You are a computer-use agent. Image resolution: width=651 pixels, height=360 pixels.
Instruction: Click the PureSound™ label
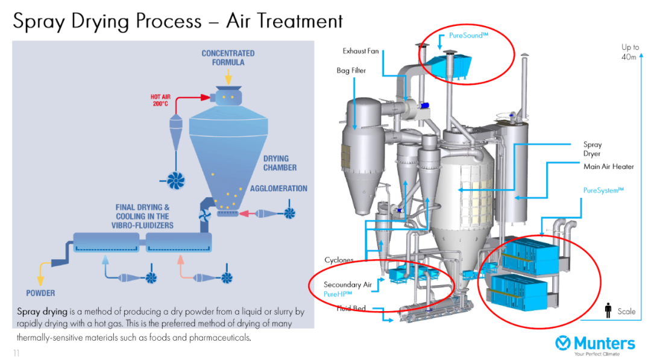(468, 36)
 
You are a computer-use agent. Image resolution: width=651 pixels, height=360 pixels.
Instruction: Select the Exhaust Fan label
(360, 51)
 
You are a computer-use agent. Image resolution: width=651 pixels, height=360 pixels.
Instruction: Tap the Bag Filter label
(351, 71)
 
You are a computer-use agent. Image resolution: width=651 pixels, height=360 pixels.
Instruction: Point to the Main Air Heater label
(608, 167)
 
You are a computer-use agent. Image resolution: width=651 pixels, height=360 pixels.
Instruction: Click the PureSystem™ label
(603, 191)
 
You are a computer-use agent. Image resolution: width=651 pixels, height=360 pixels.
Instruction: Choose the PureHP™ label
(338, 294)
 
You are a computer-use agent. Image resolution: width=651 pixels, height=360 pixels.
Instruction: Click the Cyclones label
(339, 261)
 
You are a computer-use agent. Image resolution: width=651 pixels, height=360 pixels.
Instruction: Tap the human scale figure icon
(608, 310)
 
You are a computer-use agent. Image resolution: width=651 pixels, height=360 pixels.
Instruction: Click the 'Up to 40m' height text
(630, 52)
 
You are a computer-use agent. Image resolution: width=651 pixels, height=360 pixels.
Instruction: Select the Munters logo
(595, 345)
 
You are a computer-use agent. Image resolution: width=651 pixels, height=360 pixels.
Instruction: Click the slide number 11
(16, 353)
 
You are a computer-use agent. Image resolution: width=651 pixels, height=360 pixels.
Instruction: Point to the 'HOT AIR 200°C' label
(162, 100)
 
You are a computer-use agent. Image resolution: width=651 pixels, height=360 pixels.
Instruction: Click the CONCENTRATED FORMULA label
(228, 58)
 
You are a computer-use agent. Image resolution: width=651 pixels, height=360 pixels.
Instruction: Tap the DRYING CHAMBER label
(280, 163)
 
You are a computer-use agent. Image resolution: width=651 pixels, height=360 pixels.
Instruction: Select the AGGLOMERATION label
(278, 189)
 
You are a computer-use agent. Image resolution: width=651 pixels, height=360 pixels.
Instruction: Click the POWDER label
(40, 293)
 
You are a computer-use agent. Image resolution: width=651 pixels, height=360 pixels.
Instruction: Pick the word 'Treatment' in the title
(284, 21)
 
